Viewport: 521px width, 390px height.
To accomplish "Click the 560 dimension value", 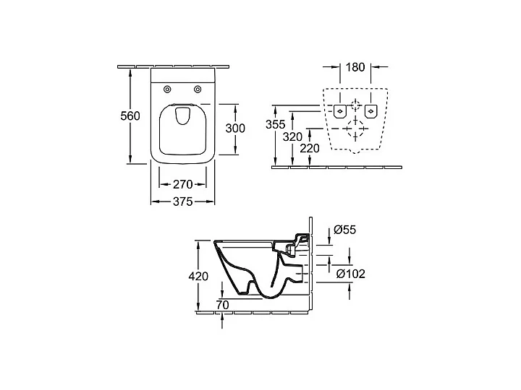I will (x=130, y=117).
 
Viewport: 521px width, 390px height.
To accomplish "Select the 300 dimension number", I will (x=235, y=128).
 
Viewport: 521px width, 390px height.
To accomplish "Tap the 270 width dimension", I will (x=182, y=185).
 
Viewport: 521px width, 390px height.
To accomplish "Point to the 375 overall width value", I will (x=182, y=203).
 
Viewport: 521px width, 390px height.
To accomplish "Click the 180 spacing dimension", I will (x=355, y=68).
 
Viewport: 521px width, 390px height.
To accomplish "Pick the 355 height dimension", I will (x=275, y=123).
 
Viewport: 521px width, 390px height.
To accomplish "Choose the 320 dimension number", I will (x=292, y=136).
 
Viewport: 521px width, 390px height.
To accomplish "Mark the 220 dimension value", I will (x=310, y=148).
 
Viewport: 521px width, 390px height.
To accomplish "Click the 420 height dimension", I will (x=198, y=276).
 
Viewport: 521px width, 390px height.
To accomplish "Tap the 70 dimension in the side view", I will (x=222, y=305).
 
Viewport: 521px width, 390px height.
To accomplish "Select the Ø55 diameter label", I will (x=344, y=230).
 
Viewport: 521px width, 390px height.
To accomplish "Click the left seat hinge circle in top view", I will (x=168, y=90).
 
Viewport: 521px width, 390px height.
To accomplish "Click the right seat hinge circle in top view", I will (x=197, y=90).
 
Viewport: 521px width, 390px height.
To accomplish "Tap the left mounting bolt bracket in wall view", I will (x=339, y=110).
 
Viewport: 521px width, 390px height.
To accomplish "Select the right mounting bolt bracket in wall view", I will (x=371, y=110).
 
